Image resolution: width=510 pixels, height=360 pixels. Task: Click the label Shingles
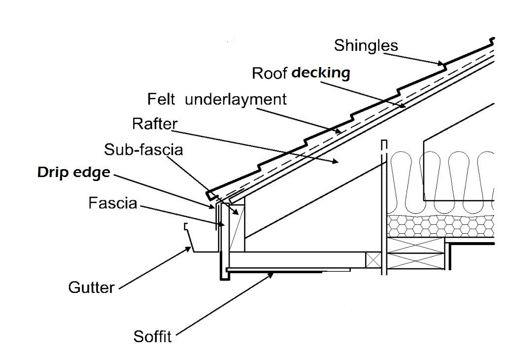366,45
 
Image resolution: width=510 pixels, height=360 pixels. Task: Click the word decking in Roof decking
321,73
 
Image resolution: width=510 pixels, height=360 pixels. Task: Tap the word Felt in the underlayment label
161,99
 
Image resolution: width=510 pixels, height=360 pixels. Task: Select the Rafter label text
154,123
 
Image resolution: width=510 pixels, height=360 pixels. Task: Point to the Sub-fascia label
143,149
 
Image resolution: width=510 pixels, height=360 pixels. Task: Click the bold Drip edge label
73,173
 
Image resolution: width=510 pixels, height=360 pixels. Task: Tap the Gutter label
91,287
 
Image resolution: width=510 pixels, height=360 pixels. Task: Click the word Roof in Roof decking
270,73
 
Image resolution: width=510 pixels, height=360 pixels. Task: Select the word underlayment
236,99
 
